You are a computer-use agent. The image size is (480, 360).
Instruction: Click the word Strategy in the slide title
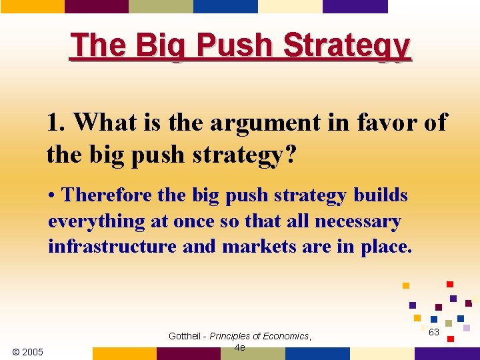coord(347,45)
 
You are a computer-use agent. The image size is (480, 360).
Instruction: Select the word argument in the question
coord(252,123)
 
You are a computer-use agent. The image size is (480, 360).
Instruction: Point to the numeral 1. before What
coord(57,123)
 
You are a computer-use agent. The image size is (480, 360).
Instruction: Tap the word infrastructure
coord(113,247)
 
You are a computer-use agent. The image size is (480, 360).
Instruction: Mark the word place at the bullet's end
coord(385,247)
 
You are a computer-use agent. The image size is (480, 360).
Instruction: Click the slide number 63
coord(434,332)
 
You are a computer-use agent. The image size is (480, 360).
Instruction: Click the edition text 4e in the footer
coord(240,347)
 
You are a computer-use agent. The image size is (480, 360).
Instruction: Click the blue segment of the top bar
coord(225,7)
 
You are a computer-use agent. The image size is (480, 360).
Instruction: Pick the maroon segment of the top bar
coord(97,7)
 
